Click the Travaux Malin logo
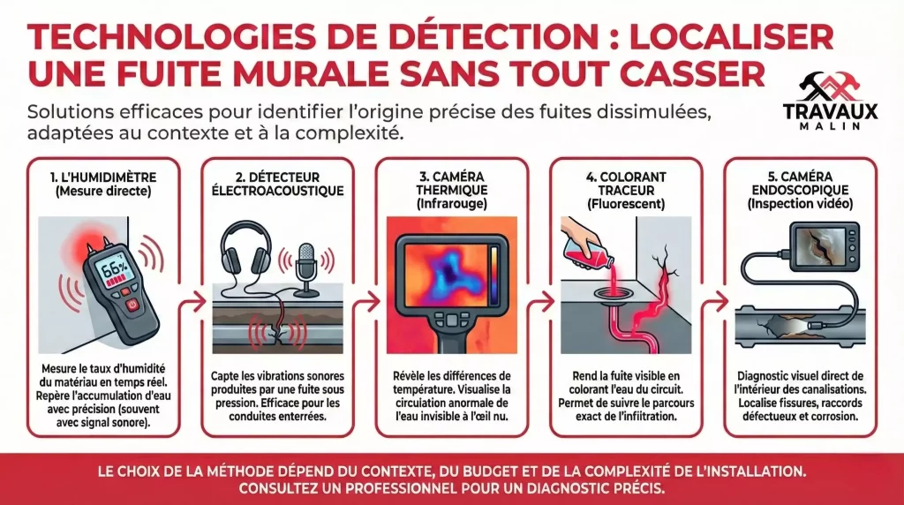coord(830,101)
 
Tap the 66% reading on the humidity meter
coord(114,268)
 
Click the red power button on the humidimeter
coord(132,304)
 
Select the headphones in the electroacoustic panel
coord(246,248)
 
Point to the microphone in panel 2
coord(305,268)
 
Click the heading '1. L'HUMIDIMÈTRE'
coord(103,177)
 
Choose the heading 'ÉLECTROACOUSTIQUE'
coord(278,190)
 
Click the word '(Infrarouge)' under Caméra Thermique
coord(452,203)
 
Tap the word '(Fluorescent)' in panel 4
coord(626,203)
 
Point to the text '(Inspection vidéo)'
coord(800,203)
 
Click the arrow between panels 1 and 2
coord(193,301)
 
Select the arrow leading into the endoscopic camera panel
coord(716,301)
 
